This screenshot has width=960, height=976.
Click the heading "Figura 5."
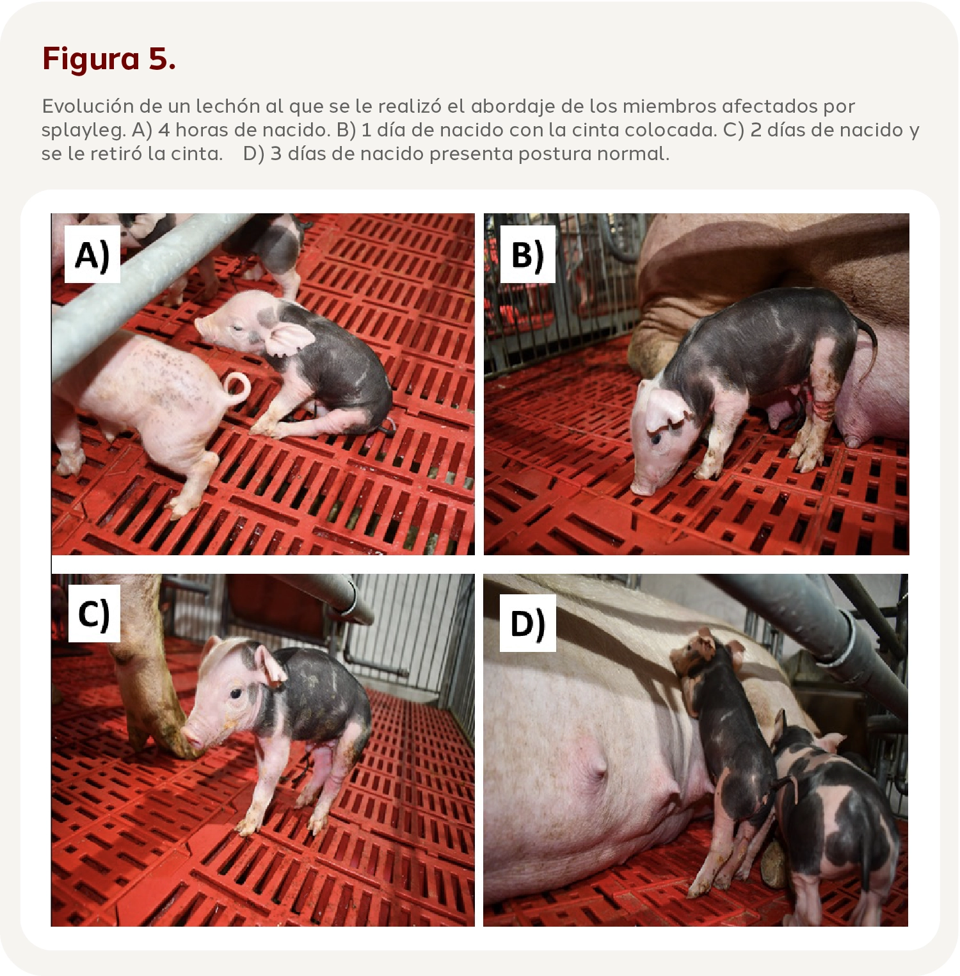coord(109,59)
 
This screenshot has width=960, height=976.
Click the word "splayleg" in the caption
coord(81,131)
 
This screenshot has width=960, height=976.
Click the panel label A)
coord(92,255)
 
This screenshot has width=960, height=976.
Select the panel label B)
coord(527,255)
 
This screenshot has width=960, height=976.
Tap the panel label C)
coord(93,614)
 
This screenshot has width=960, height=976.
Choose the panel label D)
coord(527,624)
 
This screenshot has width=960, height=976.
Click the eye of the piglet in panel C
coord(236,693)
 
